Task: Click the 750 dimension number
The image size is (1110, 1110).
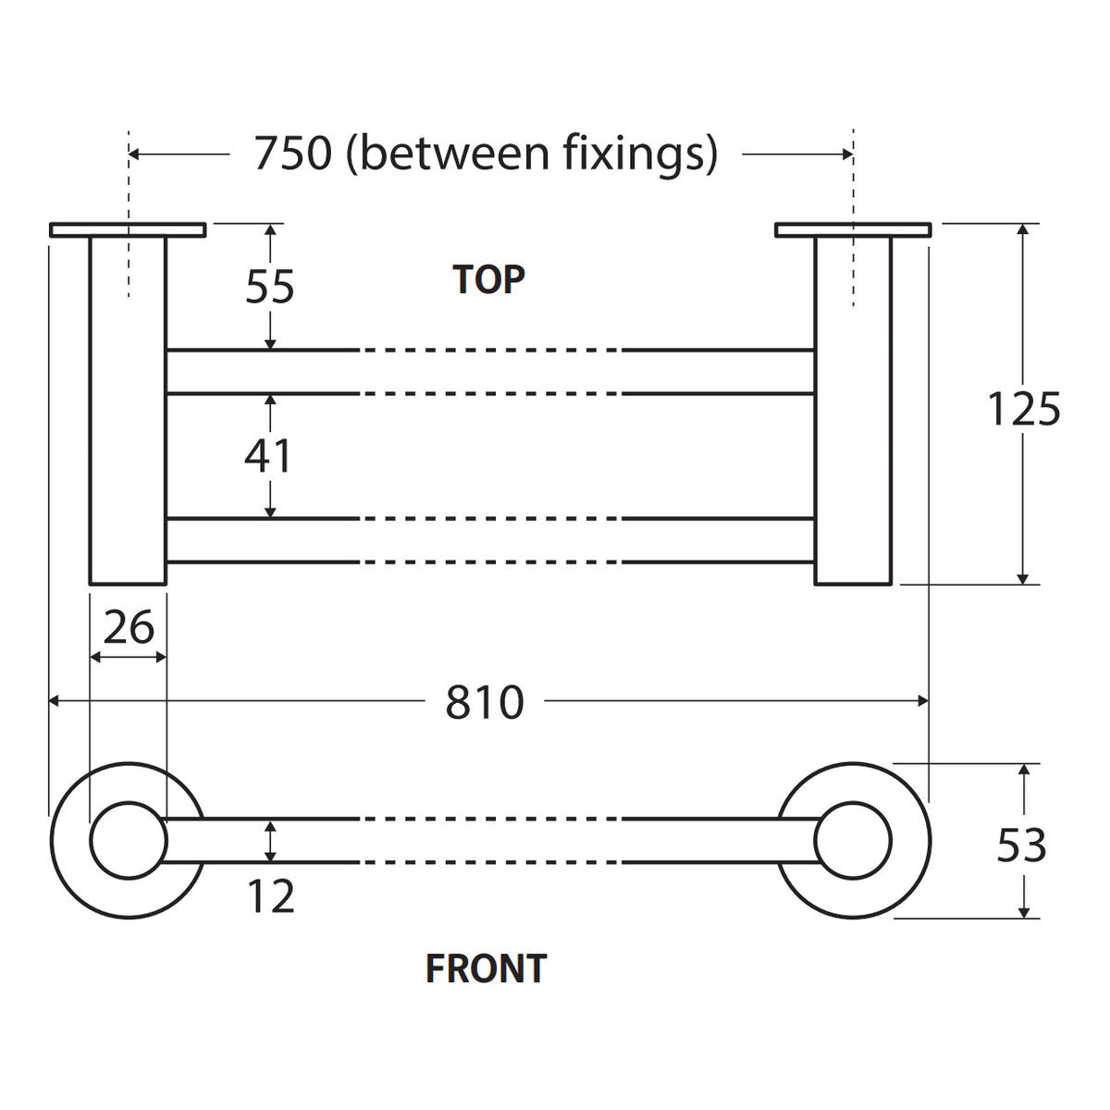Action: click(x=293, y=154)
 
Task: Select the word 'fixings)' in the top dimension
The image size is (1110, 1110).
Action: click(x=640, y=155)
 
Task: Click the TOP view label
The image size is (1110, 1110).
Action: click(x=488, y=280)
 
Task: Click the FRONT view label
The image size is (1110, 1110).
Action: click(x=486, y=968)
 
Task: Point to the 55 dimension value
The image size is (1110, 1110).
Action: click(x=269, y=286)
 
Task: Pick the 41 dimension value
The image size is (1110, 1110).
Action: click(x=268, y=456)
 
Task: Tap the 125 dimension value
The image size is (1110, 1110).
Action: click(x=1023, y=409)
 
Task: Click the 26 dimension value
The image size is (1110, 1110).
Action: click(x=129, y=627)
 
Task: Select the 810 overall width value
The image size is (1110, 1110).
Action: click(x=485, y=702)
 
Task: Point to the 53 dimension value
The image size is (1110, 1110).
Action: click(x=1021, y=845)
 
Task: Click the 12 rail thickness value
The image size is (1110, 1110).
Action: click(x=271, y=896)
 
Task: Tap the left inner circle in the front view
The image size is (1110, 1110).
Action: click(x=91, y=841)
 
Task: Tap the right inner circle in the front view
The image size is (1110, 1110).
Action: click(x=815, y=841)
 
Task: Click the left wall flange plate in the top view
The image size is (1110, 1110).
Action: click(x=128, y=229)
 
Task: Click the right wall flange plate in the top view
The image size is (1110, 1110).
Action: click(x=853, y=229)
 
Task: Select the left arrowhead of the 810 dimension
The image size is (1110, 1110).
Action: click(x=54, y=701)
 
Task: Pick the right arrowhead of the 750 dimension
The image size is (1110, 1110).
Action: click(x=847, y=154)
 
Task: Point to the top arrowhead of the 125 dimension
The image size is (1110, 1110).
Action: click(x=1022, y=228)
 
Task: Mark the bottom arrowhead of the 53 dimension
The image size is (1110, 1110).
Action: click(x=1024, y=912)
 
